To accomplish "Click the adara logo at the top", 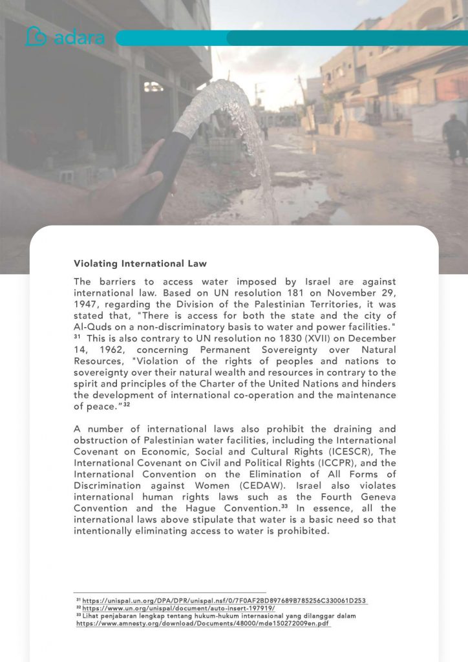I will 65,37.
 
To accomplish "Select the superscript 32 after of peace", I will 127,404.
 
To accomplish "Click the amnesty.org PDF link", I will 203,624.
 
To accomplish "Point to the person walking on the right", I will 455,137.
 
